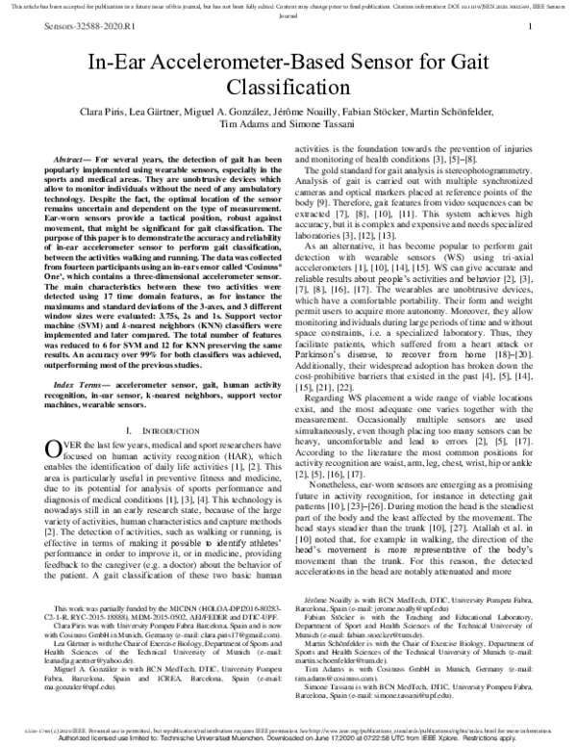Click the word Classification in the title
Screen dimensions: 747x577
288,88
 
